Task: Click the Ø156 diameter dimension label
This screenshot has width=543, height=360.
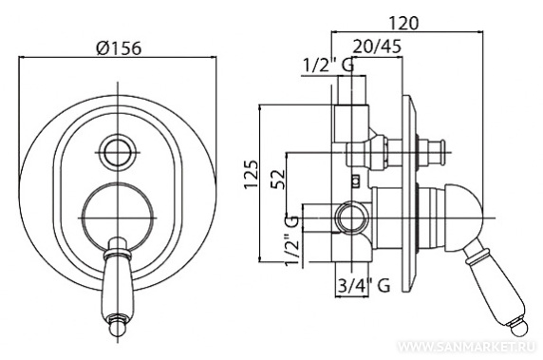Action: (119, 47)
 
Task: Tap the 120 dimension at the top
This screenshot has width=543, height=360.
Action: (403, 23)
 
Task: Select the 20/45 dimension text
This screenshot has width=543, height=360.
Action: (377, 47)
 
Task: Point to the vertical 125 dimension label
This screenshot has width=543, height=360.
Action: (252, 174)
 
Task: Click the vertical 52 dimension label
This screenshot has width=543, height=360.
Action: (278, 179)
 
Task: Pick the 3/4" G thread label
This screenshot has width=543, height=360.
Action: (363, 286)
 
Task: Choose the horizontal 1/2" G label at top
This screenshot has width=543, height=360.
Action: (328, 66)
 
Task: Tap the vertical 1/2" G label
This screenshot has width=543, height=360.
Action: (290, 240)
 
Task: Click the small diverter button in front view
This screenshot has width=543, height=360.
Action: (118, 153)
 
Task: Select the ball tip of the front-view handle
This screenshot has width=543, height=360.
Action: (118, 329)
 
